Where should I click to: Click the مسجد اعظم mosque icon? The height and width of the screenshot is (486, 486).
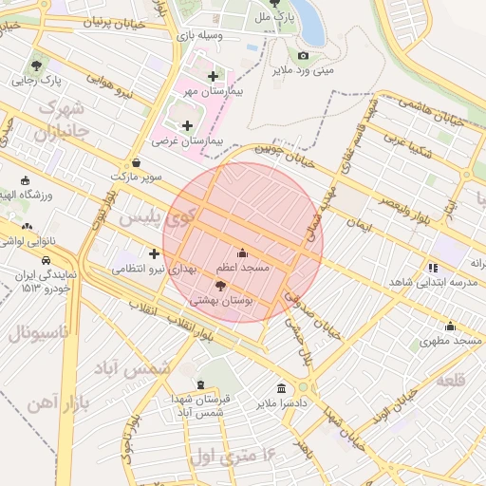coord(242,253)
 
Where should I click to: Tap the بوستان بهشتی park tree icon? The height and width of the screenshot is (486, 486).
coord(221,285)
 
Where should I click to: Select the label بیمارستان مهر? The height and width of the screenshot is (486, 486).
coord(214,92)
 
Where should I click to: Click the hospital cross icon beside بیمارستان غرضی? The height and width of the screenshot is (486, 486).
coord(187,125)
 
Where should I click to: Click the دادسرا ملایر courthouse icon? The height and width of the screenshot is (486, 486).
coord(281,388)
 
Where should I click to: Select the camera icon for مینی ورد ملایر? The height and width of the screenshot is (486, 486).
coord(304,56)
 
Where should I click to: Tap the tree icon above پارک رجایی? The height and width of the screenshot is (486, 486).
coord(36,65)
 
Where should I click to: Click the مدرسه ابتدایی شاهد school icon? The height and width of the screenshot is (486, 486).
coord(434,268)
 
